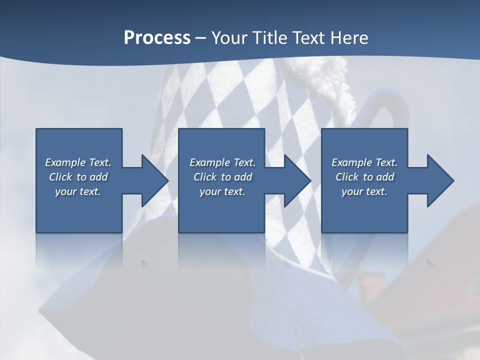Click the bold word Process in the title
click(x=157, y=38)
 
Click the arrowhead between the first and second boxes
click(x=152, y=180)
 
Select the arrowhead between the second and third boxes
click(x=295, y=180)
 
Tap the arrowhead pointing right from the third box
click(x=438, y=180)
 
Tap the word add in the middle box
click(x=243, y=177)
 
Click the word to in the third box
click(x=368, y=177)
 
